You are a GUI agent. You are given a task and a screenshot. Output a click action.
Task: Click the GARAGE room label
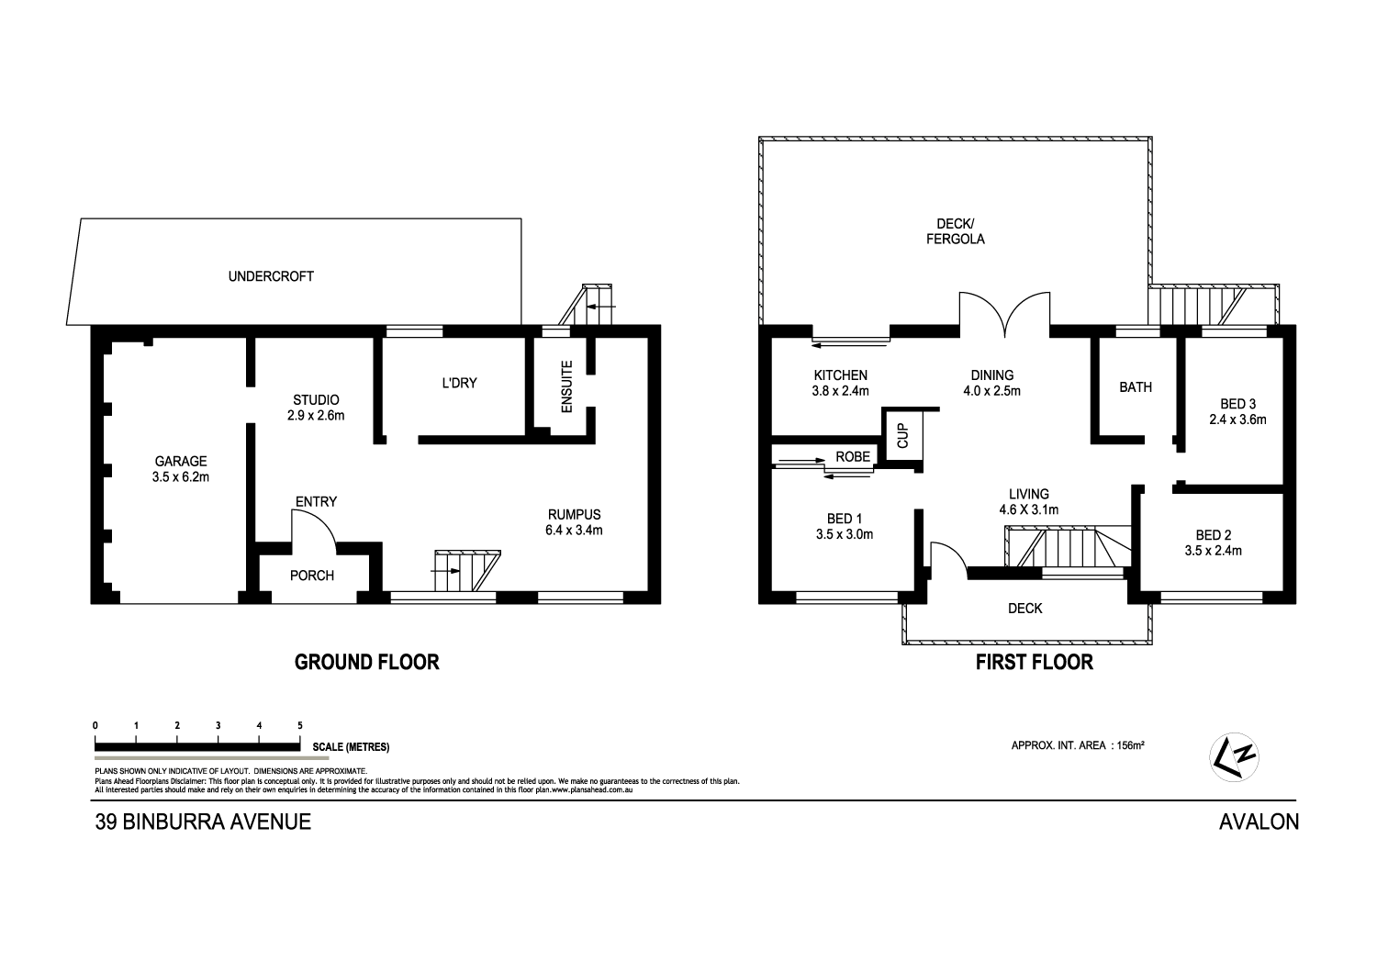coord(180,462)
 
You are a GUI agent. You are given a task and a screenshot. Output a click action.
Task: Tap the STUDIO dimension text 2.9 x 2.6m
coord(316,416)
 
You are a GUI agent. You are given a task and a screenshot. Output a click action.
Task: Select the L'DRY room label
coord(459,383)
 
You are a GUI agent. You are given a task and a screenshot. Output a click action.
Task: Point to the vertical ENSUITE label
coord(566,386)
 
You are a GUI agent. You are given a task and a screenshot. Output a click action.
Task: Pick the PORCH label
coord(312,576)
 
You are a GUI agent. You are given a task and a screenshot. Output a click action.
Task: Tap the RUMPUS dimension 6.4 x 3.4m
coord(574,530)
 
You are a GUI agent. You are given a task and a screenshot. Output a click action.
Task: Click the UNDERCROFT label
coord(271,275)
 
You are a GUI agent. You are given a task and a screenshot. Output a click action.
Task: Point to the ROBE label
coord(852,456)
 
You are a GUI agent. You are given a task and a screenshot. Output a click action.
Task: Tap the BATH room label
coord(1135,387)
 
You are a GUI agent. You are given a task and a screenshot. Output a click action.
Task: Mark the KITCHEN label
coord(840,375)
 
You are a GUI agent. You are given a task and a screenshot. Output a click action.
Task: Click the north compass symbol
coord(1235,756)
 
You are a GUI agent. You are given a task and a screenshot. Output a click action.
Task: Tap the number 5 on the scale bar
coord(300,726)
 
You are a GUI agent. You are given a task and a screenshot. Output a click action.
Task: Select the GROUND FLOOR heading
coord(366,662)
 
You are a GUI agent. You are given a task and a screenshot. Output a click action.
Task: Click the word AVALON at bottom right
coord(1259,822)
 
